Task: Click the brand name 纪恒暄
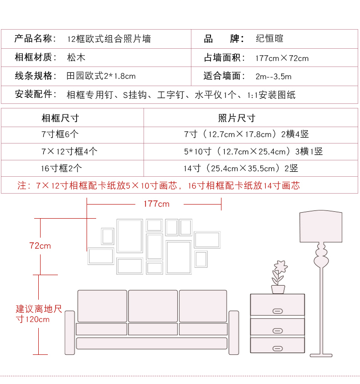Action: point(269,39)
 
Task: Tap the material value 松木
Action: point(76,57)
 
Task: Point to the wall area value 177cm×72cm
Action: point(282,58)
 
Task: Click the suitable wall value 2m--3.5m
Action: point(273,76)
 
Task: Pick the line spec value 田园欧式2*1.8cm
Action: point(101,76)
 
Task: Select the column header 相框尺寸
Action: point(60,118)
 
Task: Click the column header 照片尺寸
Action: point(237,118)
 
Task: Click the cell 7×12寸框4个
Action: point(69,151)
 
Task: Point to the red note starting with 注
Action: point(159,185)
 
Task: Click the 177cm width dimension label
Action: point(156,204)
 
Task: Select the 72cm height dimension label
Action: point(40,246)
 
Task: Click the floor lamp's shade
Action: point(321,226)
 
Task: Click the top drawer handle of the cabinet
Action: point(277,311)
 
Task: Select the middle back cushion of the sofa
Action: point(153,306)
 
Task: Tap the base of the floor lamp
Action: point(321,354)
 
